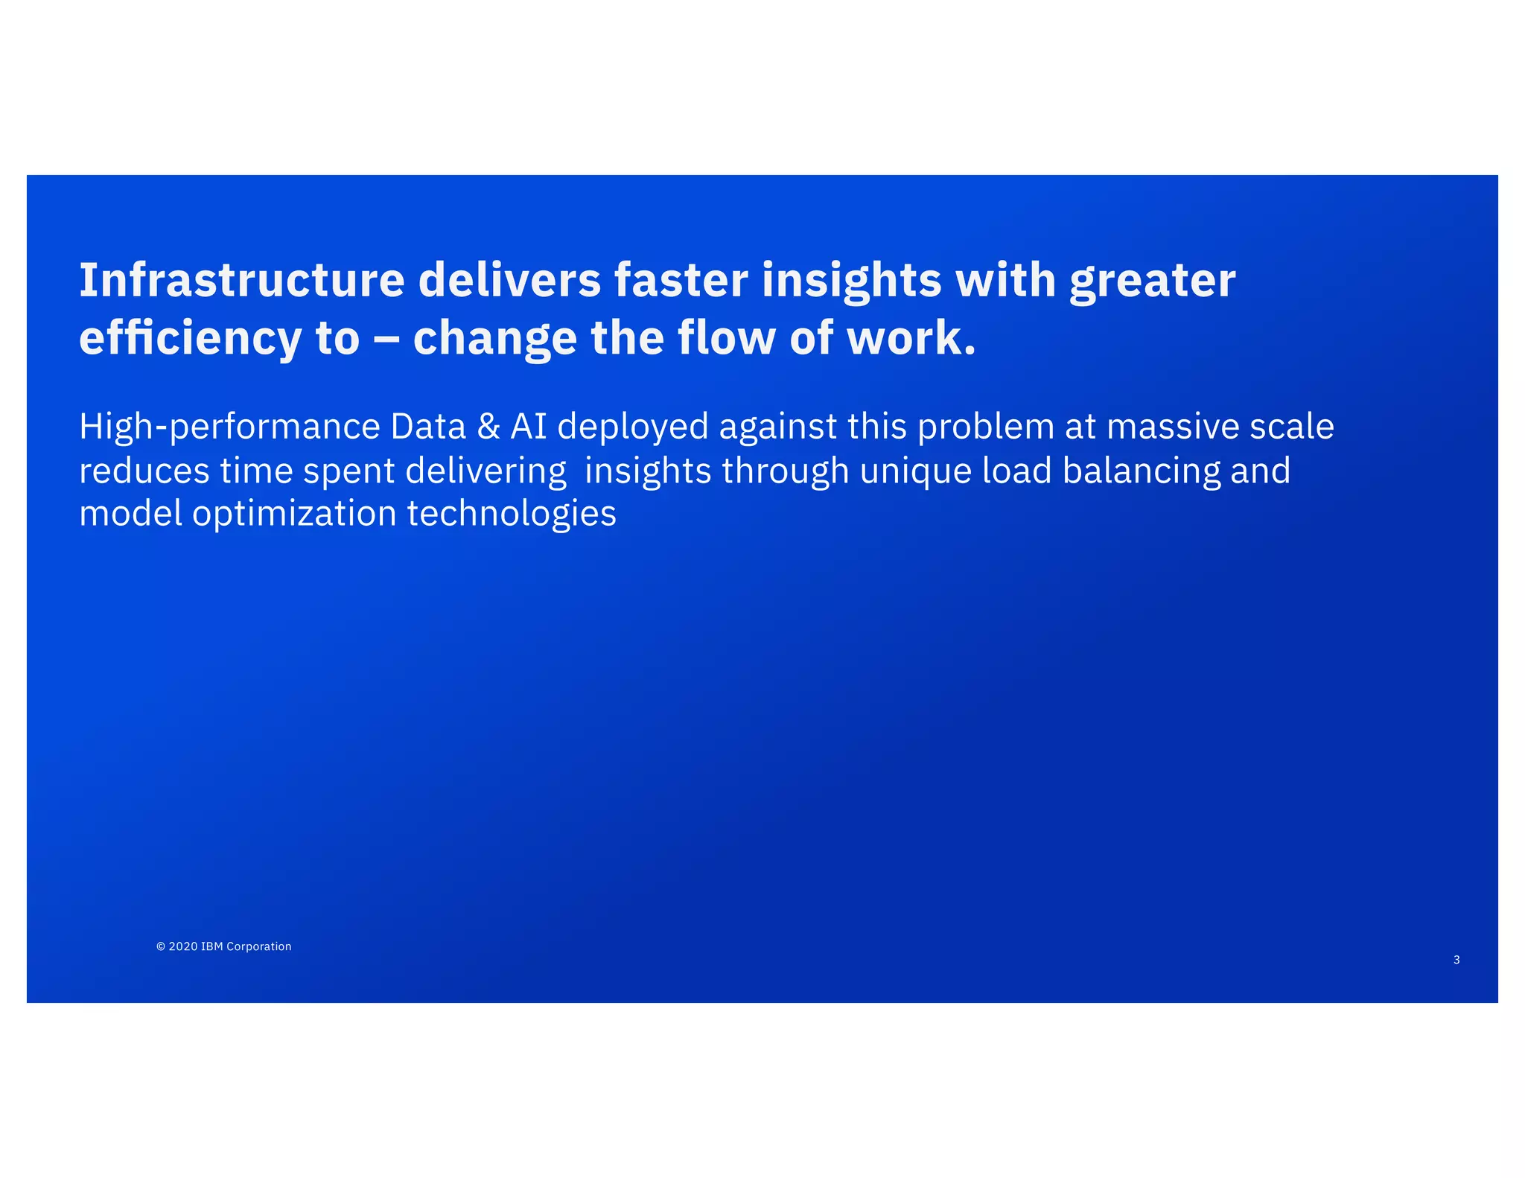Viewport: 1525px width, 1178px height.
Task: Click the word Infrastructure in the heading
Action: (241, 280)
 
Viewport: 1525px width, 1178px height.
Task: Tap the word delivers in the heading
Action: (509, 280)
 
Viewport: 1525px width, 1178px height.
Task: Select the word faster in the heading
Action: (681, 280)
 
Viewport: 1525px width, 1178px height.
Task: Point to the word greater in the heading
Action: (1152, 281)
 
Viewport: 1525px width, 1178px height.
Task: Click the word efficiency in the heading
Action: (190, 338)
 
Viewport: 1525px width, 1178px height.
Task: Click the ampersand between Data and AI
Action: (488, 427)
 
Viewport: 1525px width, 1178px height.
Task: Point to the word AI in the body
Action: (529, 427)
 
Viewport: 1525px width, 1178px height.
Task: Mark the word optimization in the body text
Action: (294, 514)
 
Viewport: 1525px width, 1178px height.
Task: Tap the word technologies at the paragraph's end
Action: (512, 514)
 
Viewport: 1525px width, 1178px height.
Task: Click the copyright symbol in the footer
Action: (160, 946)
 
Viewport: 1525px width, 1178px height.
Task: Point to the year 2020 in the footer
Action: (183, 946)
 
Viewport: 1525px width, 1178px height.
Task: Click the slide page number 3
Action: (1456, 960)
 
